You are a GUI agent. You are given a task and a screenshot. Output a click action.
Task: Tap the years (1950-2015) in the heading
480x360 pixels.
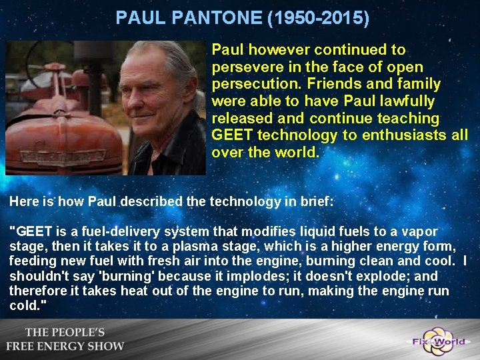pyautogui.click(x=318, y=17)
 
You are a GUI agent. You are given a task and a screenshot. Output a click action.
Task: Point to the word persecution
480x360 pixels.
pyautogui.click(x=251, y=84)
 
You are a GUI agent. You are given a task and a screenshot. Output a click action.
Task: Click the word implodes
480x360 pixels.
pyautogui.click(x=217, y=276)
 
